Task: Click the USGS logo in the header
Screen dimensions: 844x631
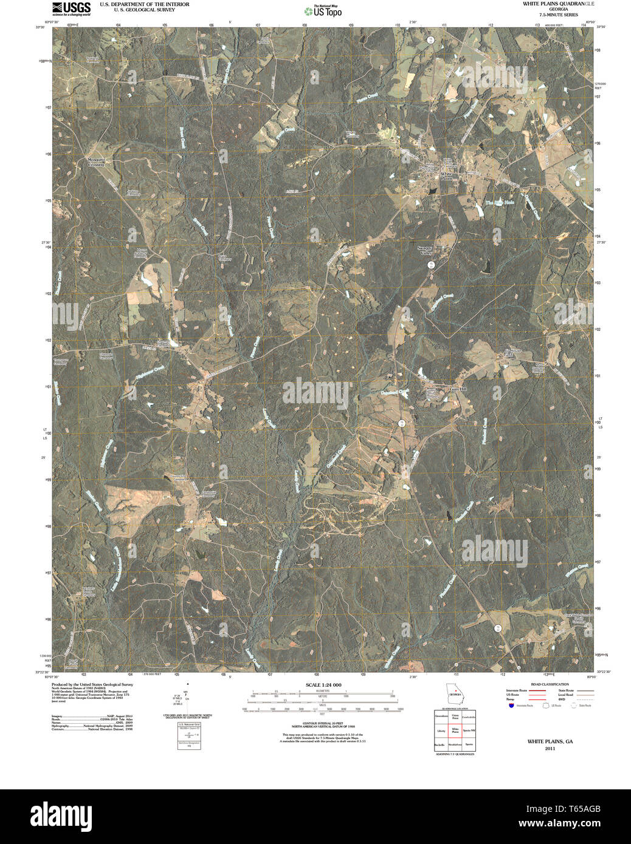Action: coord(71,8)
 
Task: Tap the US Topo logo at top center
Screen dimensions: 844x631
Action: coord(323,11)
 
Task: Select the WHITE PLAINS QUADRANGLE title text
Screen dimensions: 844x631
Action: coord(559,4)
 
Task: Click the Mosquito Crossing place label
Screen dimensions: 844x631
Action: coord(96,162)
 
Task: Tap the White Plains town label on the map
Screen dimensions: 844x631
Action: coord(447,176)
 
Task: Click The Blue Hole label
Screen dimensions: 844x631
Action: coord(500,202)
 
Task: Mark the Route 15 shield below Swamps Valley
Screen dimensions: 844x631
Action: coord(430,264)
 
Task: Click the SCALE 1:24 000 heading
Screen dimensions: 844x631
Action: coord(323,685)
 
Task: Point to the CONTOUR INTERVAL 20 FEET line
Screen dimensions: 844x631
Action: coord(323,723)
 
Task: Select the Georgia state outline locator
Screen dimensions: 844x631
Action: coord(455,693)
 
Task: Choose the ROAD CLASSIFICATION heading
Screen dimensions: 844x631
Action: coord(550,684)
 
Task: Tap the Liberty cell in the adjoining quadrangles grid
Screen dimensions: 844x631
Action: coord(441,730)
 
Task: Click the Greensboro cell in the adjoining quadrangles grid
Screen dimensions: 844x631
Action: coord(441,716)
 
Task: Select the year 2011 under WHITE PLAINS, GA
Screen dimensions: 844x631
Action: coord(550,749)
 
